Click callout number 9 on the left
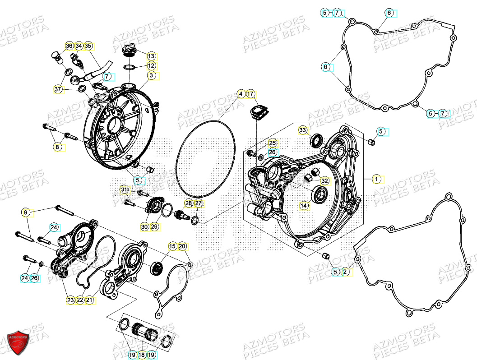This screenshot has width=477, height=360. point(26,212)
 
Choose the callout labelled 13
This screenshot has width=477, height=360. point(151,56)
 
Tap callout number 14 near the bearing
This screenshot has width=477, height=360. point(304,206)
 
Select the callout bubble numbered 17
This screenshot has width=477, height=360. point(251,94)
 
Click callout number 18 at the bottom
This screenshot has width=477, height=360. point(141,355)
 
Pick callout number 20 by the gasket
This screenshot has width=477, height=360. point(182,246)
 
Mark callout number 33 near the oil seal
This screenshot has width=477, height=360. point(304,130)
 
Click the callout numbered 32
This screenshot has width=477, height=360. point(325,180)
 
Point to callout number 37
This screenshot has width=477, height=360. point(58,90)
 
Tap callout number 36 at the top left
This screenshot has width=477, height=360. point(69,46)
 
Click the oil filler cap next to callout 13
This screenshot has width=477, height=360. point(129,51)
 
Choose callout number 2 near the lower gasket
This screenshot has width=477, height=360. point(345,272)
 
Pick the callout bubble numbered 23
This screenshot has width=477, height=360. point(70,300)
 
